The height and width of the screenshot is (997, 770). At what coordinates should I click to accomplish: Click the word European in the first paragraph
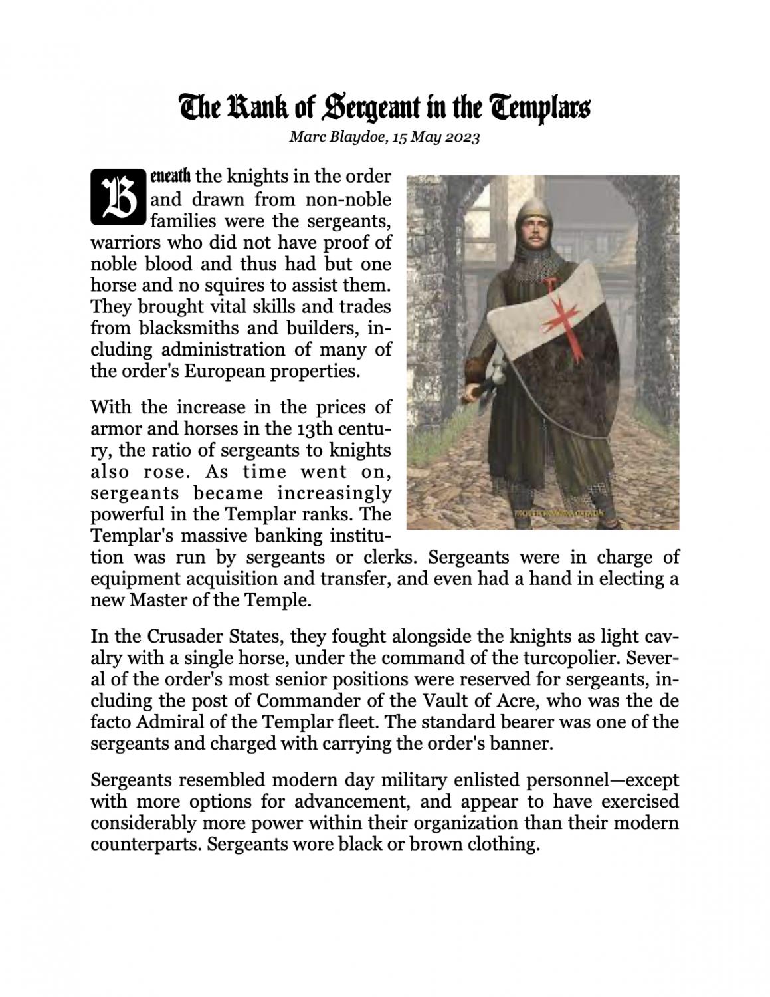[225, 371]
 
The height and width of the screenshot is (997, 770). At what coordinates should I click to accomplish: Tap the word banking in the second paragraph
[280, 536]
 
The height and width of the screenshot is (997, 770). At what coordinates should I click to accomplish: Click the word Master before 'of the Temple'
[157, 600]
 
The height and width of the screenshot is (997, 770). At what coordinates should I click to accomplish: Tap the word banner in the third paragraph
[523, 743]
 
